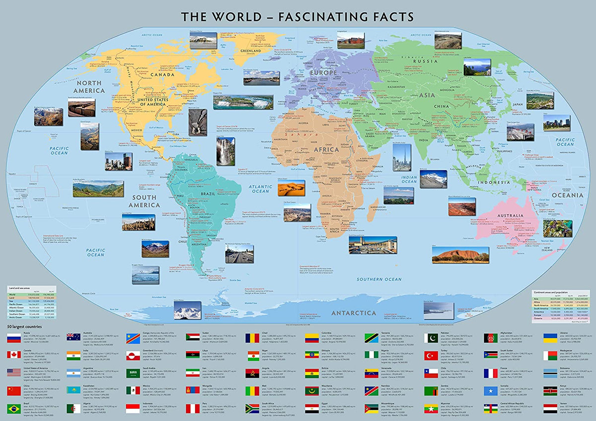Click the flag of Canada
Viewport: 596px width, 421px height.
click(x=14, y=355)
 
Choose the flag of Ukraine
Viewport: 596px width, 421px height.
click(x=550, y=337)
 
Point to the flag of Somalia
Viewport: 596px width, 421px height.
click(x=491, y=390)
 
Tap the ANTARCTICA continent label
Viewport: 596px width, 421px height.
click(x=354, y=313)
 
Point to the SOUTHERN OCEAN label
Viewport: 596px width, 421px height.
click(x=381, y=279)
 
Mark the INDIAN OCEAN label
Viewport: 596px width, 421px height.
click(x=409, y=179)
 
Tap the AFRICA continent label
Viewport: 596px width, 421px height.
click(x=326, y=149)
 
